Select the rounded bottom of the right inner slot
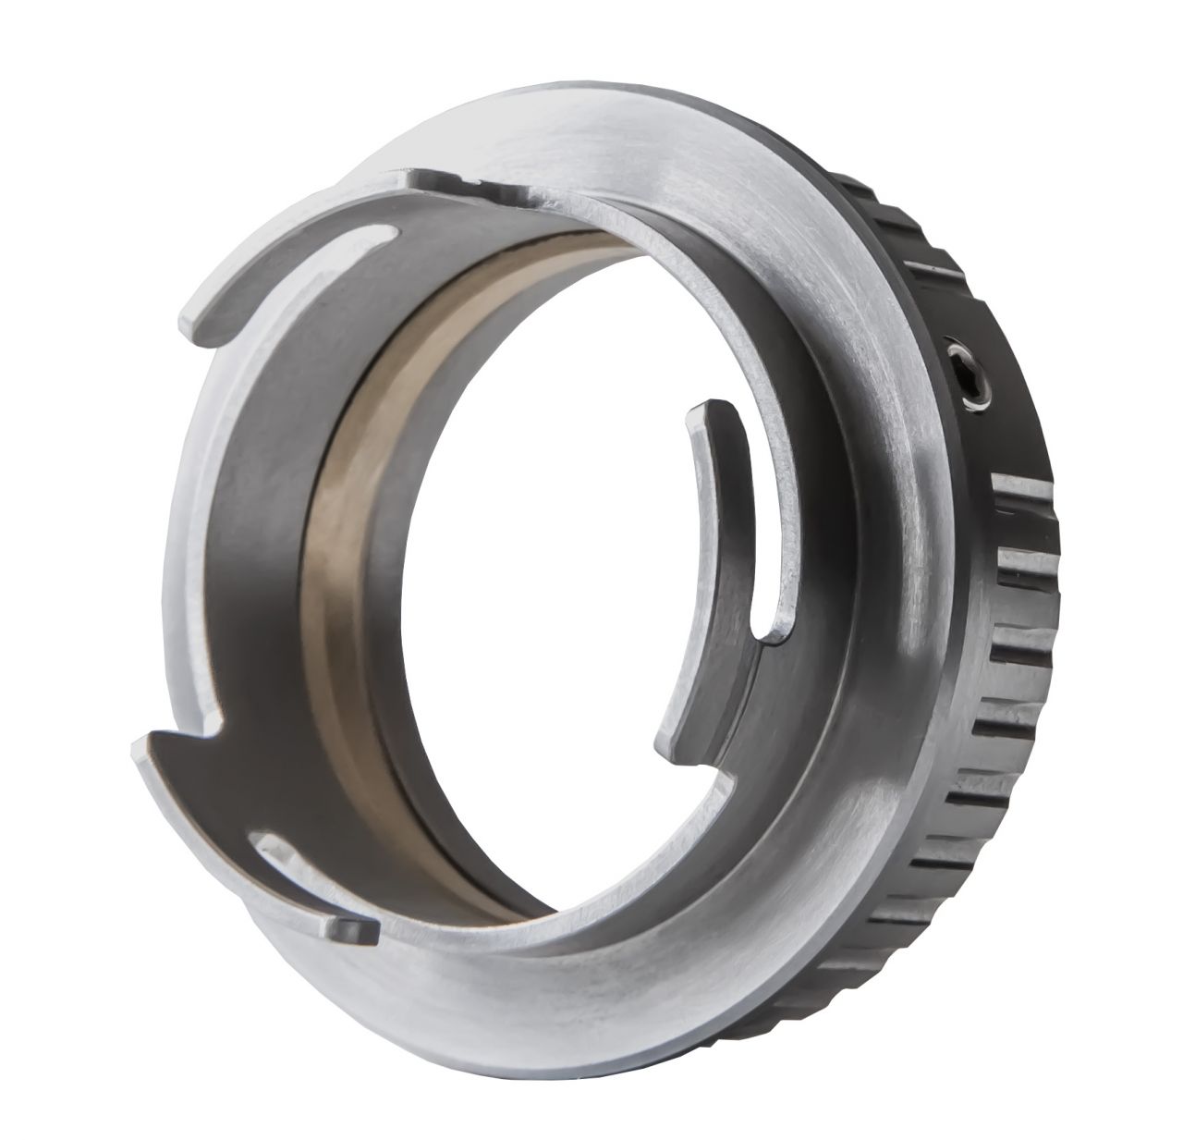[x=772, y=629]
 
